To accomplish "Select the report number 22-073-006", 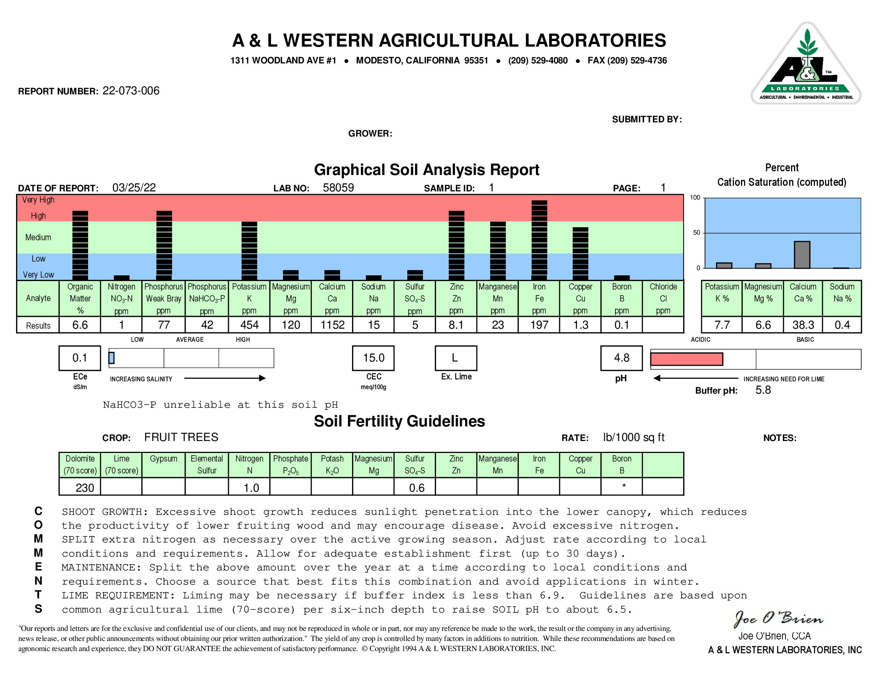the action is coord(131,91).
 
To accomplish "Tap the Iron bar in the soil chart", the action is coord(539,240).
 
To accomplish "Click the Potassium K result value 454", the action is coord(249,325).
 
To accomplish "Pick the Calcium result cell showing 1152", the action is coord(332,325).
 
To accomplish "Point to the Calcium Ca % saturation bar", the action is coord(802,255).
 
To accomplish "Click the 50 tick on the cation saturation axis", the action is coord(696,233).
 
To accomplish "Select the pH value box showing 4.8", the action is coord(622,358).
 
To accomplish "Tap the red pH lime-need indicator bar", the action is coord(687,359).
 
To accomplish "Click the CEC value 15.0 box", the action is coord(373,358).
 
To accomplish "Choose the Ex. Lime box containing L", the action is coord(455,358).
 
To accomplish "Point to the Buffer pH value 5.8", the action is coord(763,390).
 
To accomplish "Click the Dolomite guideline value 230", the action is coord(84,488).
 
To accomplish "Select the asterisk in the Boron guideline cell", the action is coord(624,486).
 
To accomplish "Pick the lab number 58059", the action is coord(338,188).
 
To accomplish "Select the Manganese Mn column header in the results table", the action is coord(498,298).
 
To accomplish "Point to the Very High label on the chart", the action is coord(38,200).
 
